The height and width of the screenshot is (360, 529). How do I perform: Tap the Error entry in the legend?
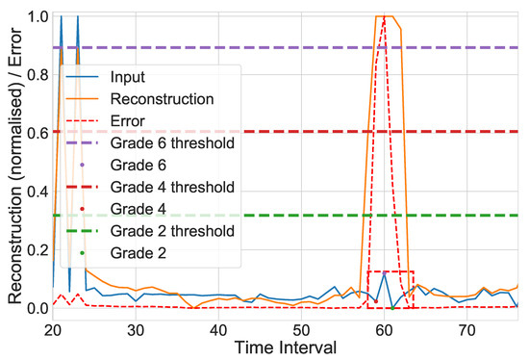tap(130, 120)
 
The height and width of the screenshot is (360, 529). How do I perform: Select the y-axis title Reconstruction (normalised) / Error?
tap(13, 164)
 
